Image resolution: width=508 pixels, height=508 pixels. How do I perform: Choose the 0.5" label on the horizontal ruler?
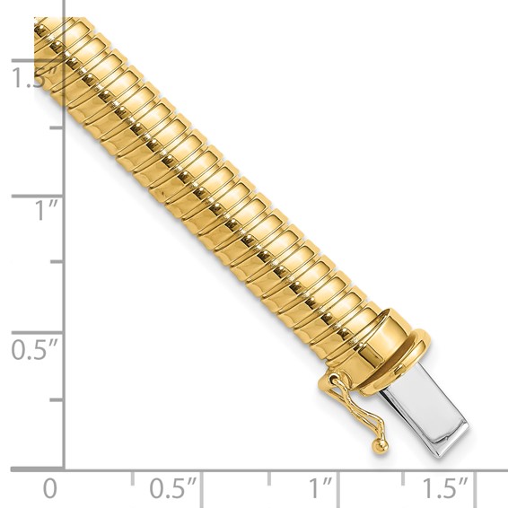click(173, 489)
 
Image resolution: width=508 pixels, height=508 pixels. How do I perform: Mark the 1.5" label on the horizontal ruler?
click(446, 489)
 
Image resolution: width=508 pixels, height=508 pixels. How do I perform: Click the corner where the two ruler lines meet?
click(64, 468)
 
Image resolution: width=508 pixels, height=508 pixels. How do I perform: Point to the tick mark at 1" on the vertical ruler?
click(36, 195)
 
